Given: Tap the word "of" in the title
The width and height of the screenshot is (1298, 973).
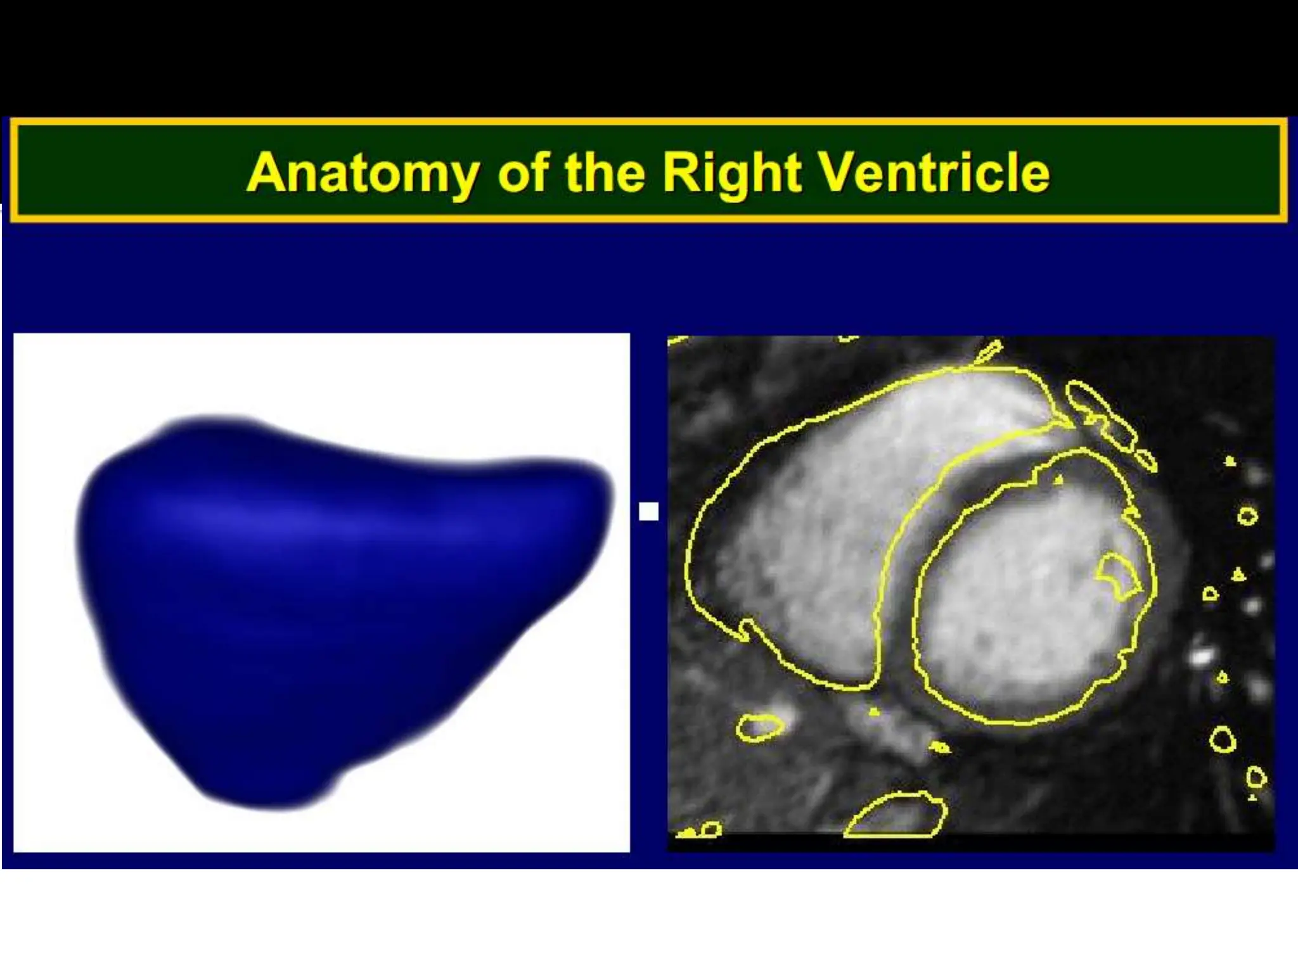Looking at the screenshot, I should [x=522, y=172].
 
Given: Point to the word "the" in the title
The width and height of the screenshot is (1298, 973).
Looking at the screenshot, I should [x=605, y=172].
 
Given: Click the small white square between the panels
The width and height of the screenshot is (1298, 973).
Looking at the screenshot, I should [x=648, y=511].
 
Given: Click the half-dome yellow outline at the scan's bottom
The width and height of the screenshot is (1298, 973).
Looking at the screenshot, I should [x=895, y=816].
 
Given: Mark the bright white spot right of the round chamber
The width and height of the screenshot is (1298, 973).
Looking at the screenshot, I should [x=1200, y=656].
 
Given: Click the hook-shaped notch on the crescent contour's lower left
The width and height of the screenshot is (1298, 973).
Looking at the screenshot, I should [x=747, y=629].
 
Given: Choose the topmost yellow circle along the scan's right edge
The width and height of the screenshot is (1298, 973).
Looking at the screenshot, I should [x=1247, y=516].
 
